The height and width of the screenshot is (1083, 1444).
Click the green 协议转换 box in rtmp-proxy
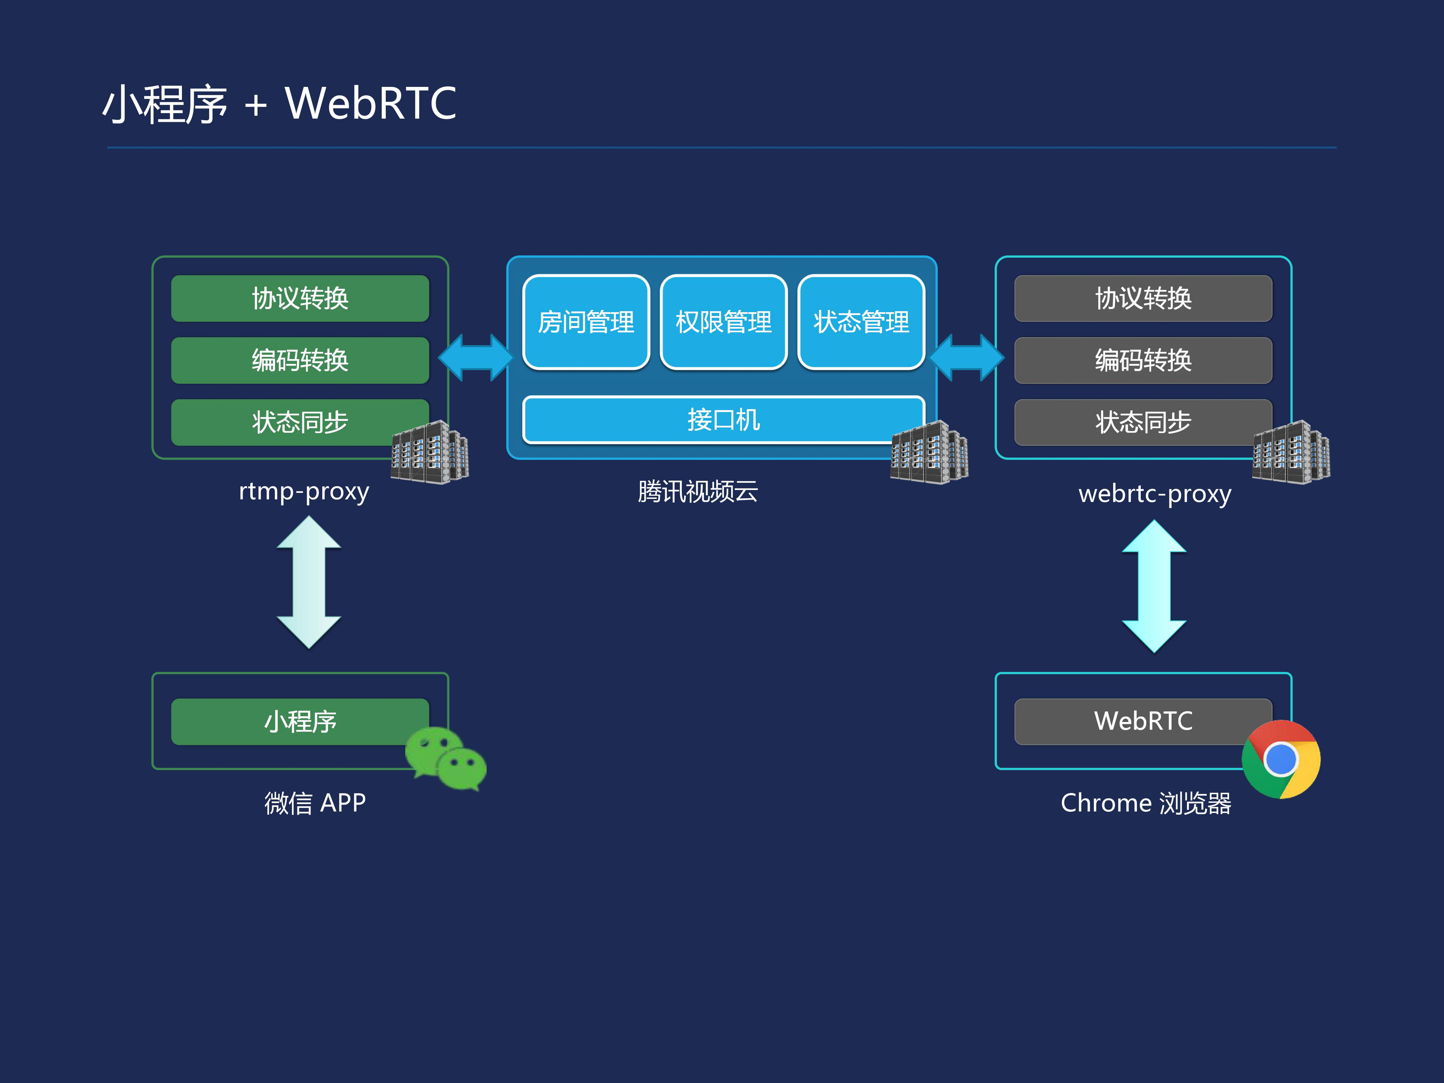point(299,298)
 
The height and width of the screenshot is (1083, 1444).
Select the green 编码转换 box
point(299,361)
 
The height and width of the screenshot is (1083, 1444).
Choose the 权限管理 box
point(723,322)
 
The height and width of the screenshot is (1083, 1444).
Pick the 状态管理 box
point(861,322)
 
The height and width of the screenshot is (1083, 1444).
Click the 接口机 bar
point(723,420)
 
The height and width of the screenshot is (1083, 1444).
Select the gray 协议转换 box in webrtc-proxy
point(1143,298)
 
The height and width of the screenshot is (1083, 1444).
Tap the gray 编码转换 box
point(1143,361)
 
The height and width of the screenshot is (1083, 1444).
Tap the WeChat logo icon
point(446,759)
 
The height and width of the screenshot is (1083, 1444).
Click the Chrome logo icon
point(1281,759)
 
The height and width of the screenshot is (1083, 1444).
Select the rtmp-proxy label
point(304,491)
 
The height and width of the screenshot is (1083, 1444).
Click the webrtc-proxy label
point(1155,494)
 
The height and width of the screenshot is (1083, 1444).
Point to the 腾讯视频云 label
point(698,491)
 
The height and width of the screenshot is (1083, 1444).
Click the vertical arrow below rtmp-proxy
point(309,582)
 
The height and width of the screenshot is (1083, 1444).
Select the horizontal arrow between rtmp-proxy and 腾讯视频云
point(476,357)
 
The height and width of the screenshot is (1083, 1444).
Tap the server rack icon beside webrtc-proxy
point(1291,452)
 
